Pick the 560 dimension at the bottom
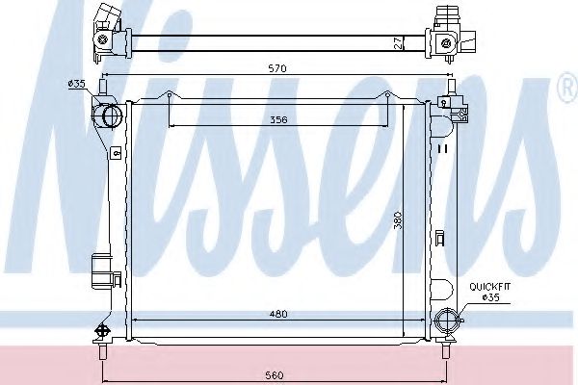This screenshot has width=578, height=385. (x=275, y=375)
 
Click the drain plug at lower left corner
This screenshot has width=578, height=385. (x=99, y=329)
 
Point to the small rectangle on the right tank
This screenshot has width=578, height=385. (x=440, y=238)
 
